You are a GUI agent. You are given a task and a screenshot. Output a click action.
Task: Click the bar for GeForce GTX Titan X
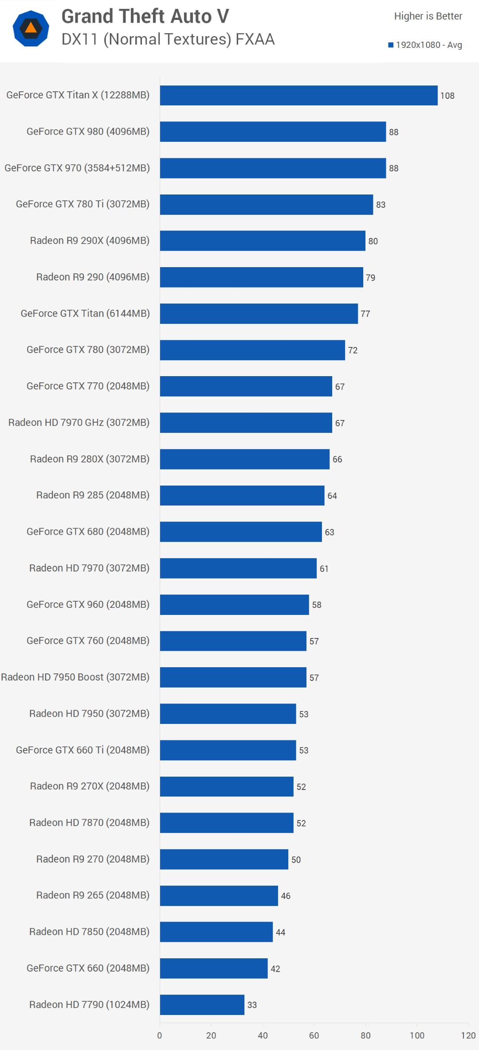(298, 95)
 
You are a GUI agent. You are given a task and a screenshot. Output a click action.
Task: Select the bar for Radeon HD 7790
(202, 1004)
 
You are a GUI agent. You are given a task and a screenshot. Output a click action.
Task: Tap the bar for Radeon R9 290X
(263, 241)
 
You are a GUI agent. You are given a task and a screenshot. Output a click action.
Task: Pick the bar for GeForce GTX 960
(235, 604)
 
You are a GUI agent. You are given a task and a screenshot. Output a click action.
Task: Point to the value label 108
(447, 96)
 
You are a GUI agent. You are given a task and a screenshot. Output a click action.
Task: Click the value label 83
(381, 205)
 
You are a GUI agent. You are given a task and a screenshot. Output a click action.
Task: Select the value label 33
(252, 1005)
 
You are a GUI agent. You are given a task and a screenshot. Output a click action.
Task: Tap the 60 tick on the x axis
(314, 1035)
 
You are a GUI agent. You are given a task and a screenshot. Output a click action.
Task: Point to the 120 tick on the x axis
(468, 1035)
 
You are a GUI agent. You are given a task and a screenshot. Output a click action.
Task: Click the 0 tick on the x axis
(160, 1035)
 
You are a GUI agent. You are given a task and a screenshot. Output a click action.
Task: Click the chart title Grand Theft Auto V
(145, 16)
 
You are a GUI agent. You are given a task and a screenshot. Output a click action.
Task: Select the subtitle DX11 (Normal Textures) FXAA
(168, 39)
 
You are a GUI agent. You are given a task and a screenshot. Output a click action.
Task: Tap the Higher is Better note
(428, 16)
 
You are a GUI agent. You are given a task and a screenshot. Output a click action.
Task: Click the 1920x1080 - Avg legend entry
(425, 45)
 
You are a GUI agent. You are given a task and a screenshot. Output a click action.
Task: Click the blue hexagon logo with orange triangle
(31, 29)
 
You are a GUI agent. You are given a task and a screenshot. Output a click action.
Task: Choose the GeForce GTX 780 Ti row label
(82, 204)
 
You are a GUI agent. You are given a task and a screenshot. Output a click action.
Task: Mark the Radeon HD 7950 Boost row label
(75, 677)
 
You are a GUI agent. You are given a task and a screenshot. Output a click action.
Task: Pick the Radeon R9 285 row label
(93, 495)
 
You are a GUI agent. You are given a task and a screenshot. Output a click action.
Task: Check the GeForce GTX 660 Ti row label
(82, 750)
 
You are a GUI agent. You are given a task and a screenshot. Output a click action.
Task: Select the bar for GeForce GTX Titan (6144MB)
(259, 313)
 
